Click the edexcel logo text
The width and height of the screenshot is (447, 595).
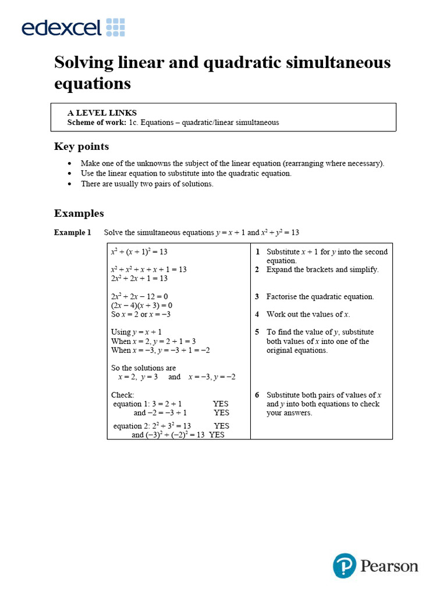(62, 27)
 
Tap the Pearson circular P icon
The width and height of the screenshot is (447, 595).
(344, 565)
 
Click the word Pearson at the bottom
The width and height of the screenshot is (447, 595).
(389, 566)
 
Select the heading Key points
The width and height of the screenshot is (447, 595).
(81, 146)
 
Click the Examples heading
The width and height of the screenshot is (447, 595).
(79, 213)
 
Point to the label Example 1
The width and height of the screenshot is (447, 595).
(73, 232)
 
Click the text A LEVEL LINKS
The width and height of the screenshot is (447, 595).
(102, 113)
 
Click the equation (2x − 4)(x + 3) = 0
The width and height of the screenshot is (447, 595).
(141, 306)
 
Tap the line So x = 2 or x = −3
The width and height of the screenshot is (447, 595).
(141, 314)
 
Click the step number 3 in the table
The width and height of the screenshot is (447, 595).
(257, 297)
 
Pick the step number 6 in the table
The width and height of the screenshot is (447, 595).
(257, 395)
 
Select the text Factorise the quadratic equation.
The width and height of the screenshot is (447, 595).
(320, 297)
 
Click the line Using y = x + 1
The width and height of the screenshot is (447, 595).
(136, 332)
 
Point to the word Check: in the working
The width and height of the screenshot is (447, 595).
(122, 395)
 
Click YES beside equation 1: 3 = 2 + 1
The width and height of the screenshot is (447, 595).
(221, 404)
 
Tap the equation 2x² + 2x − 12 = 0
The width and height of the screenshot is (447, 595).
(139, 297)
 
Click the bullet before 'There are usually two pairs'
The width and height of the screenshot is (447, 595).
(70, 184)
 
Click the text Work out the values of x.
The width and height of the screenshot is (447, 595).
(308, 314)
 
